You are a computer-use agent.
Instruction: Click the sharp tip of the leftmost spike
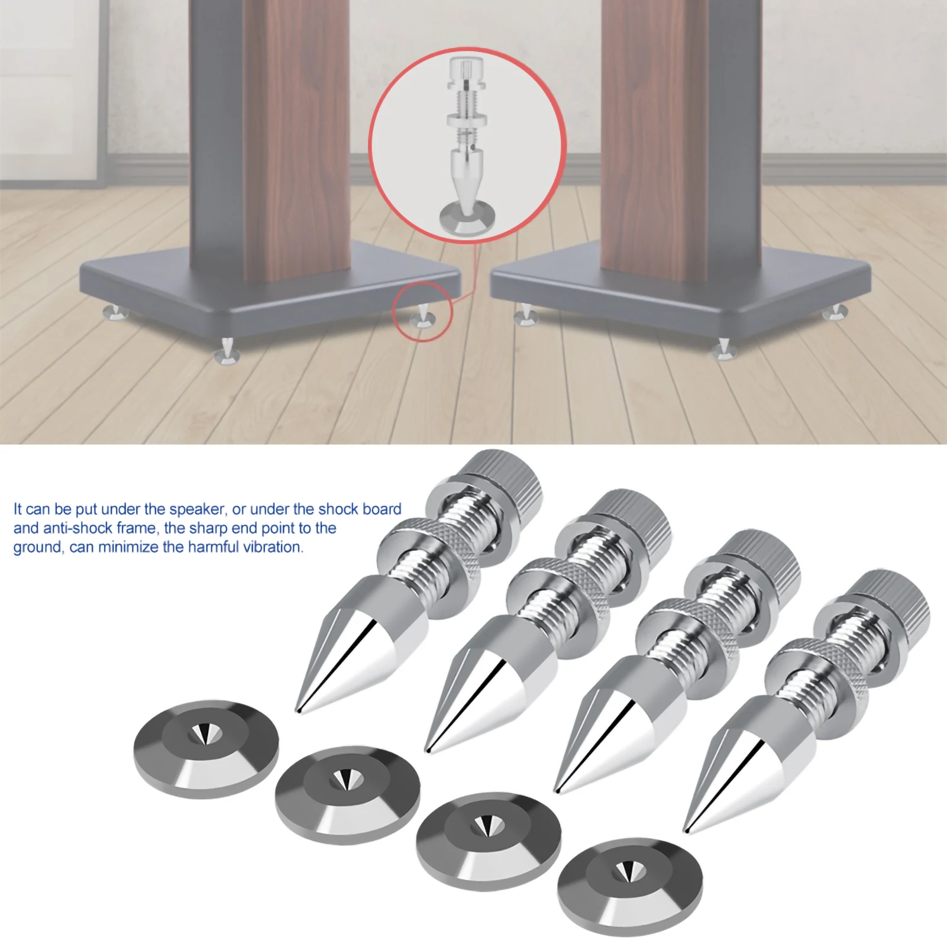(298, 708)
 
